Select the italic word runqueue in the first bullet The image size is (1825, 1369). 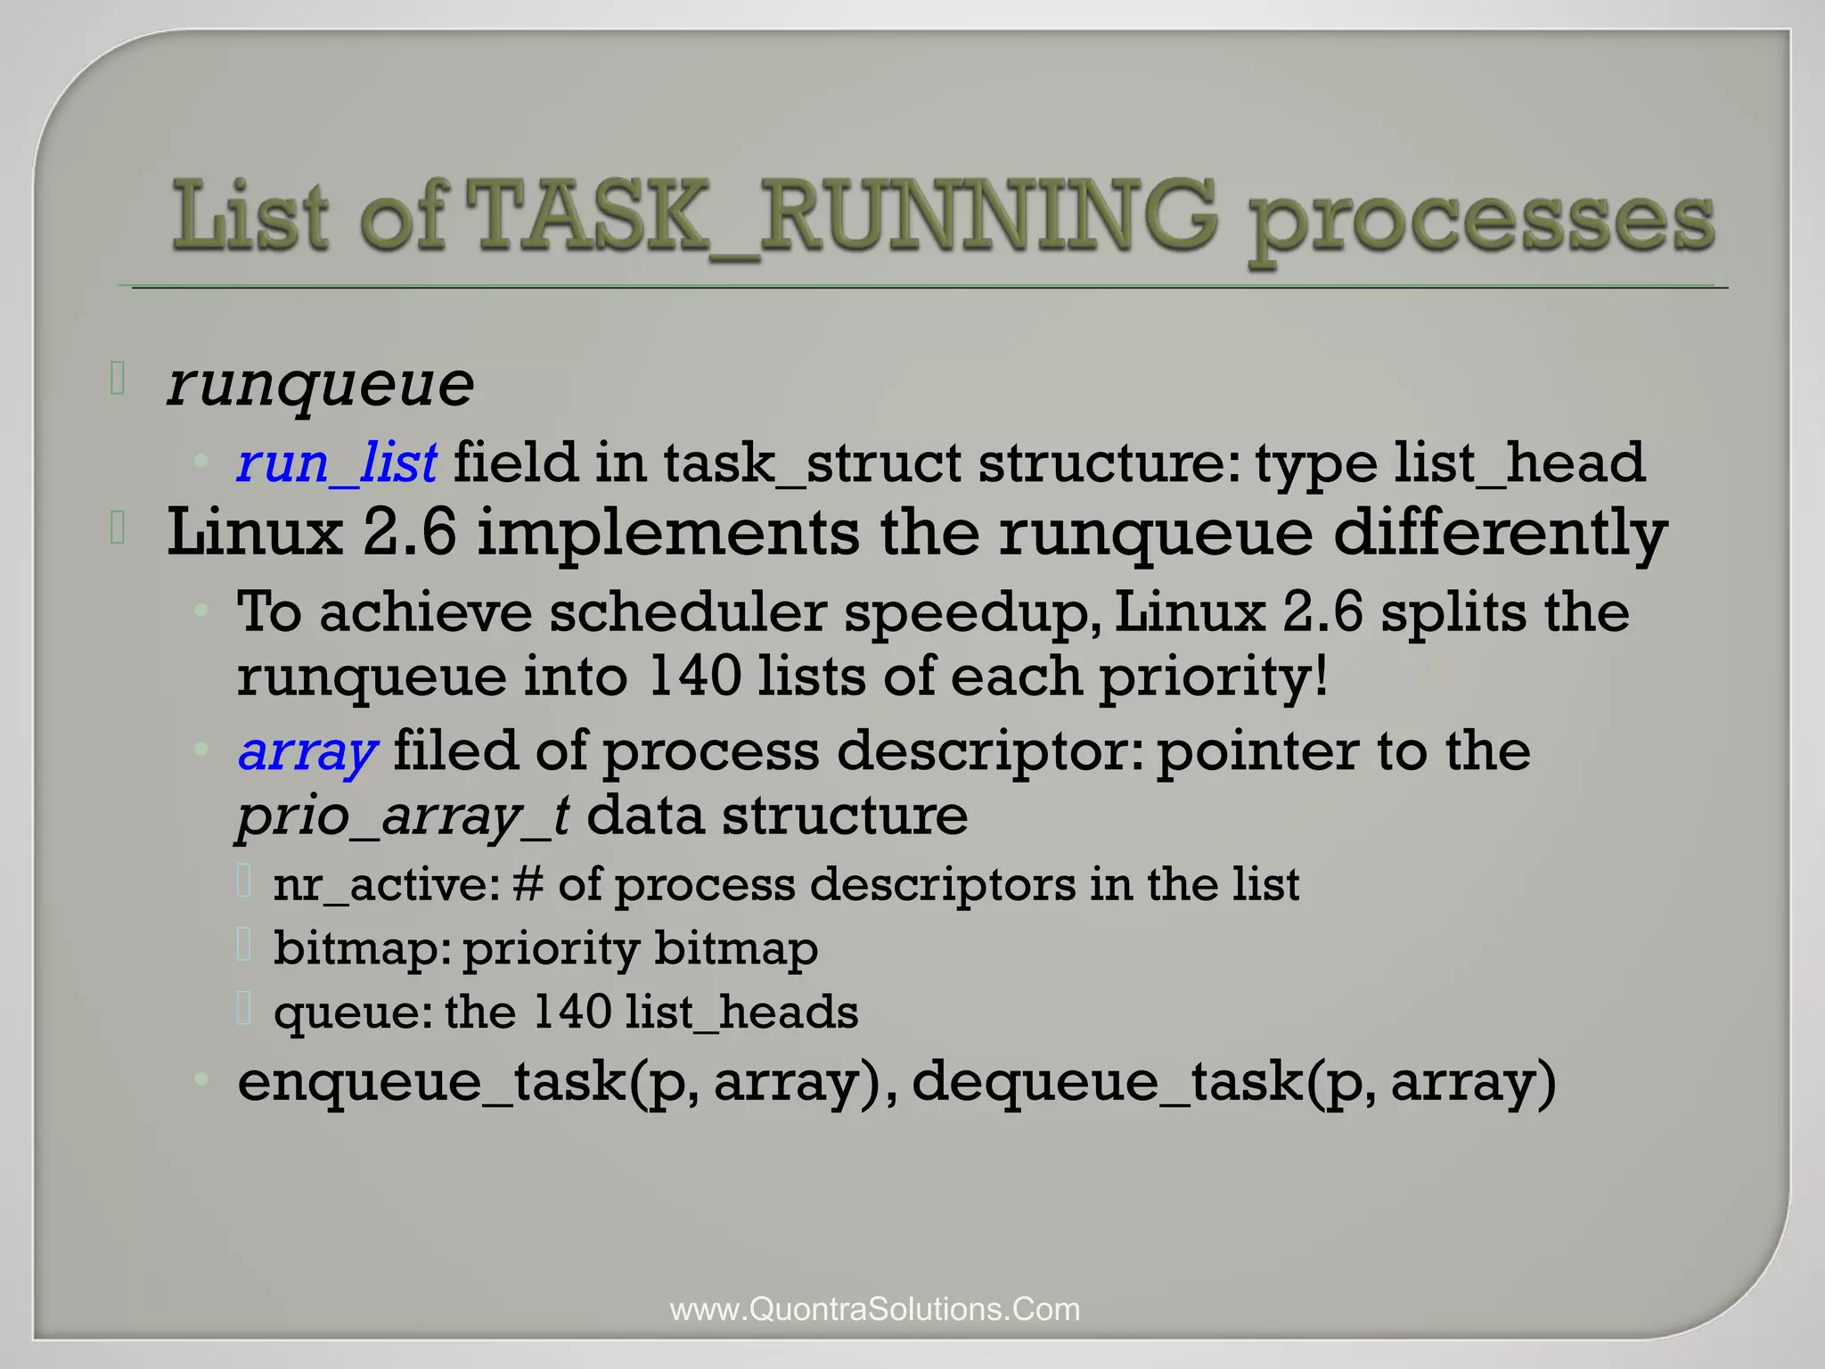pyautogui.click(x=321, y=385)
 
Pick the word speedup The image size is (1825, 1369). pyautogui.click(x=970, y=613)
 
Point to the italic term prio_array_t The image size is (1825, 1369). pyautogui.click(x=403, y=816)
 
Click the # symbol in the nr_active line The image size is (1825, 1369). pyautogui.click(x=528, y=884)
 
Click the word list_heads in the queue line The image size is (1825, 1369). pyautogui.click(x=741, y=1012)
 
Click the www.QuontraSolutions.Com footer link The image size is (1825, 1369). pyautogui.click(x=875, y=1309)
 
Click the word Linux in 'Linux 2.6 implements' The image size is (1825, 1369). pyautogui.click(x=255, y=533)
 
